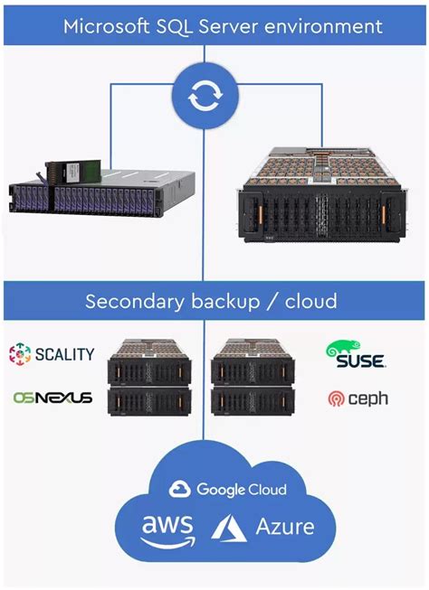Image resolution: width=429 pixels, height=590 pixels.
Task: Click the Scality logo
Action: (x=52, y=353)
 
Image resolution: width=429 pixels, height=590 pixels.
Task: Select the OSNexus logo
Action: (x=52, y=397)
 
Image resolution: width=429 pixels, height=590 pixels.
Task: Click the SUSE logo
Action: (x=356, y=353)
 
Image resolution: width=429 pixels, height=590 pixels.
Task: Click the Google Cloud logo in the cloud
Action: (x=228, y=490)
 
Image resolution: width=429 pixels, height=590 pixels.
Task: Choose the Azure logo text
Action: (x=285, y=526)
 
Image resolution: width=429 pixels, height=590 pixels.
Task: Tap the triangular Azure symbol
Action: (x=229, y=528)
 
